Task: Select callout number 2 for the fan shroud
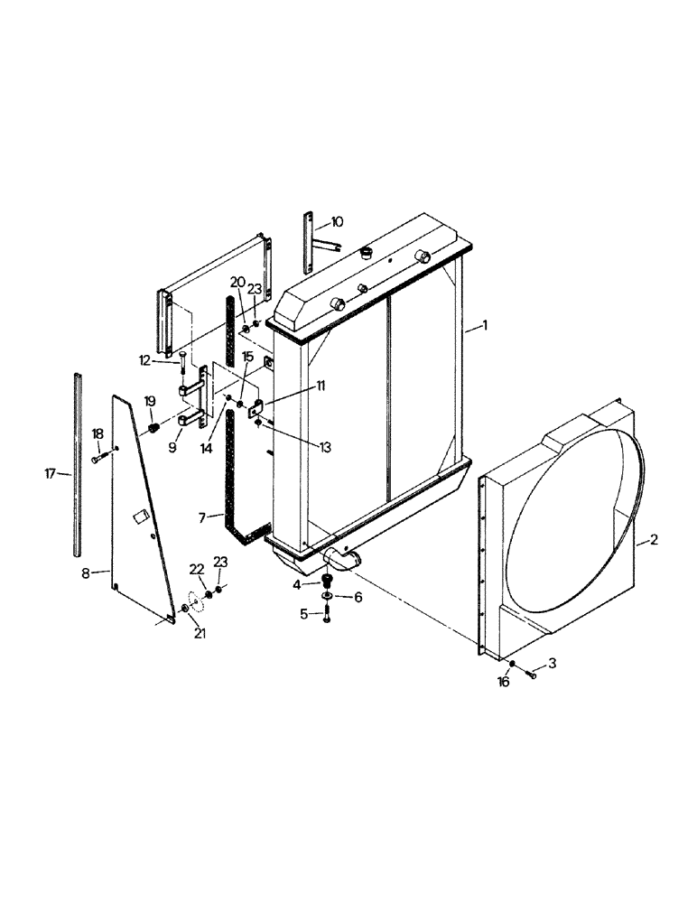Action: [654, 541]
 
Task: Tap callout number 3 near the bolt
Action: [553, 663]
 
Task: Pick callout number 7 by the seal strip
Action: [206, 517]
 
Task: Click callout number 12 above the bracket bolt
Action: [144, 359]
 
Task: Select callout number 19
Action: [150, 401]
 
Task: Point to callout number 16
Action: [504, 682]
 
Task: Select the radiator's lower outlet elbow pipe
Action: [343, 560]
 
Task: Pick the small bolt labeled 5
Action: [327, 615]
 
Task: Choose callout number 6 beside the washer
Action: [358, 598]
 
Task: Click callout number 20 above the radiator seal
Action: [237, 281]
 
